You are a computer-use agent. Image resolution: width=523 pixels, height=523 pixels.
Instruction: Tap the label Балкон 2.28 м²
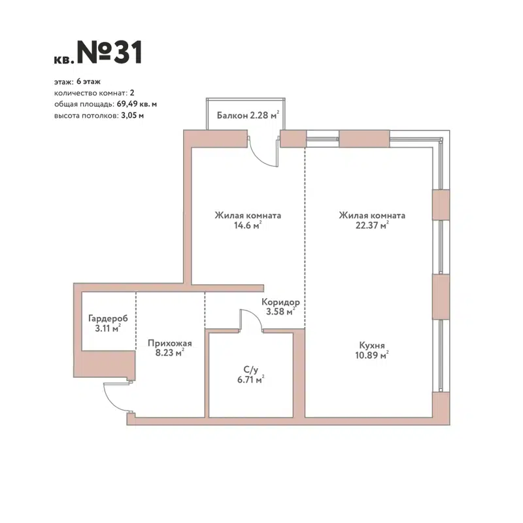249,116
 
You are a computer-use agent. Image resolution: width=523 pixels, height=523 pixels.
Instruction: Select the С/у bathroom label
249,369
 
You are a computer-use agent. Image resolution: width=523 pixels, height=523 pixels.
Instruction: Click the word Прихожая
169,342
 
